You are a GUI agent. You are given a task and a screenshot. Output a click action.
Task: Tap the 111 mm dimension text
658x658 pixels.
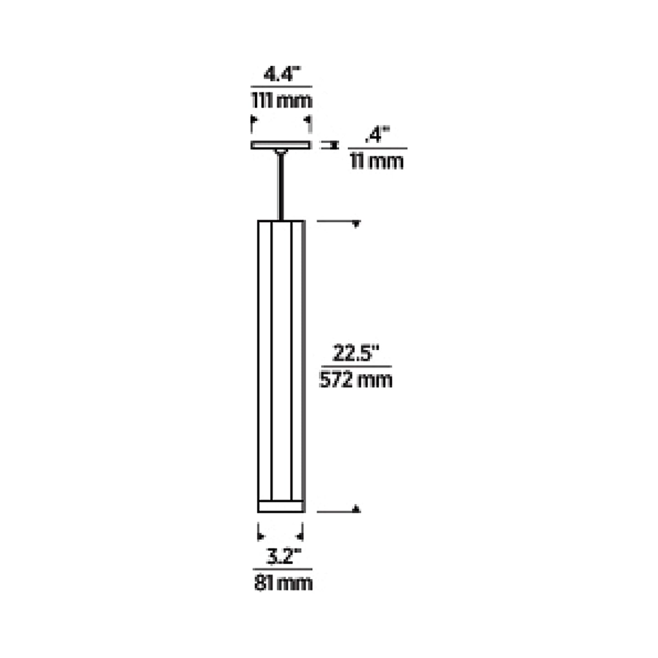coord(282,101)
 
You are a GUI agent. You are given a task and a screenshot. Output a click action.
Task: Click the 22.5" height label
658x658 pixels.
coord(356,354)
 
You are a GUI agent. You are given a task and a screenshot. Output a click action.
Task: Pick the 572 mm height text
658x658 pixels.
coord(356,379)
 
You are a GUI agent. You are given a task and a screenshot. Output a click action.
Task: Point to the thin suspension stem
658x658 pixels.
coord(281,187)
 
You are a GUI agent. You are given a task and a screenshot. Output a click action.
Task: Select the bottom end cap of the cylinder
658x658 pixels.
coord(281,506)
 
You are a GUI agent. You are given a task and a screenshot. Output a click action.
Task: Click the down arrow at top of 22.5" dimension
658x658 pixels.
coord(357,224)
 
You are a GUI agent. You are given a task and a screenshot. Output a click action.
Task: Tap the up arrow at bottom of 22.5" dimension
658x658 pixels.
coord(357,509)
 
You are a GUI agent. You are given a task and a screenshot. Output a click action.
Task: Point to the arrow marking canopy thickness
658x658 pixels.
coord(330,145)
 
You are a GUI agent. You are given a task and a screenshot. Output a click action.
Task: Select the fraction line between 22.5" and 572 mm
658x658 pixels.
coord(356,366)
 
